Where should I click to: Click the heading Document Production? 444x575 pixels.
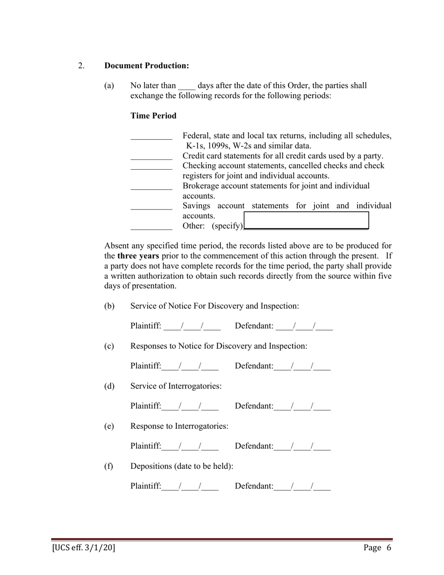click(147, 66)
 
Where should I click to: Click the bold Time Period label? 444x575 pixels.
click(153, 116)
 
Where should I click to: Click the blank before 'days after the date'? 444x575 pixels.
click(187, 86)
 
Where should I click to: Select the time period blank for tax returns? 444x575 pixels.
click(151, 137)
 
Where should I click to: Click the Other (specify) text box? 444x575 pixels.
click(307, 221)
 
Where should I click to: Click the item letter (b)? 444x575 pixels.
click(109, 306)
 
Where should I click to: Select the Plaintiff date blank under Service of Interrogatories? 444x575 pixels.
click(190, 406)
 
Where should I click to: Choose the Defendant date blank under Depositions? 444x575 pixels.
click(302, 487)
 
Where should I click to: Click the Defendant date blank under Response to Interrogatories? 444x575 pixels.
click(302, 446)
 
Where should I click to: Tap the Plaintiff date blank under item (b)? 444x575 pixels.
click(192, 326)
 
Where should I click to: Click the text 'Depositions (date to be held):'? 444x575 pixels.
click(182, 467)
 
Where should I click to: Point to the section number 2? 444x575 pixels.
click(82, 66)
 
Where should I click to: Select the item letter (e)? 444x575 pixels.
click(109, 426)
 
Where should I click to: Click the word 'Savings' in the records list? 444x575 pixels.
click(197, 206)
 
